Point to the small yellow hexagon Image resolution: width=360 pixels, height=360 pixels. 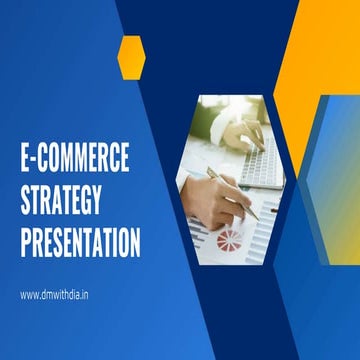[x=131, y=56]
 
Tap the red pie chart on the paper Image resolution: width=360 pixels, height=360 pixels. [x=230, y=240]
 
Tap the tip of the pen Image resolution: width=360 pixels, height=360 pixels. [x=258, y=217]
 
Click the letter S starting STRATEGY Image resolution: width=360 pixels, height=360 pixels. [x=26, y=200]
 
